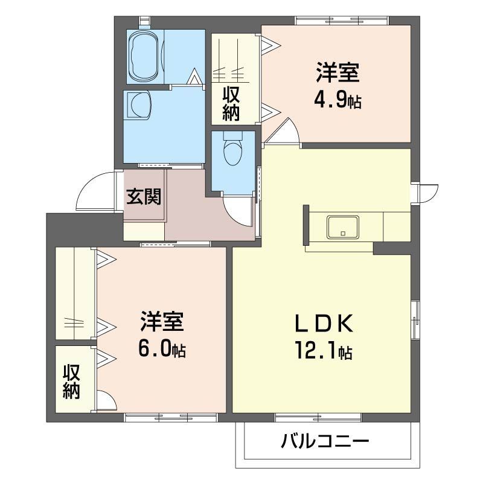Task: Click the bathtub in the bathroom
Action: (x=144, y=56)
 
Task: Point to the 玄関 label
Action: (x=144, y=196)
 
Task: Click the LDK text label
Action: (x=323, y=324)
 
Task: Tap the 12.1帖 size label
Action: (x=324, y=350)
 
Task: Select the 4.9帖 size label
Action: (x=337, y=100)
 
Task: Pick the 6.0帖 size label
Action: (x=161, y=348)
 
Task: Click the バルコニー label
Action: (x=324, y=443)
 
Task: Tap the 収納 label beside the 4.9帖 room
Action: (x=232, y=103)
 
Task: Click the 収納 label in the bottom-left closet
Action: (x=71, y=382)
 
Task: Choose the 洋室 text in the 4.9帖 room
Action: (x=337, y=72)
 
